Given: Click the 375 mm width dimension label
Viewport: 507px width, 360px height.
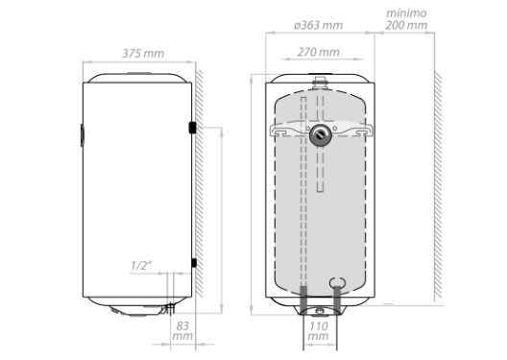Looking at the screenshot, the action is pyautogui.click(x=143, y=54).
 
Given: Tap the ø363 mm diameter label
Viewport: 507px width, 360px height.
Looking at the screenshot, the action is pyautogui.click(x=319, y=25).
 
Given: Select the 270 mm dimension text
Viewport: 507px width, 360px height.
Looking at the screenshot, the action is pyautogui.click(x=319, y=52).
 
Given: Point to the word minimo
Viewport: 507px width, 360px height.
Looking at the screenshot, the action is pyautogui.click(x=406, y=13).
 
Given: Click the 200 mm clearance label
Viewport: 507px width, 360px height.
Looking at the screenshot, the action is pyautogui.click(x=406, y=25).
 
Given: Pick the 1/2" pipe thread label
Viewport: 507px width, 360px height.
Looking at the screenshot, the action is pyautogui.click(x=141, y=266).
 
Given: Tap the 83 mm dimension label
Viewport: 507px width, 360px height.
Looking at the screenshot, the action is pyautogui.click(x=182, y=330).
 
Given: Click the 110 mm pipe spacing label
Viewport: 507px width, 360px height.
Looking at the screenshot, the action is pyautogui.click(x=319, y=330).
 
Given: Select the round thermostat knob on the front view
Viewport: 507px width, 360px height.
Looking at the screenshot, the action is pyautogui.click(x=320, y=134).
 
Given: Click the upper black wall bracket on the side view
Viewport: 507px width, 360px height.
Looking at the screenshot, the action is pyautogui.click(x=192, y=128).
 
